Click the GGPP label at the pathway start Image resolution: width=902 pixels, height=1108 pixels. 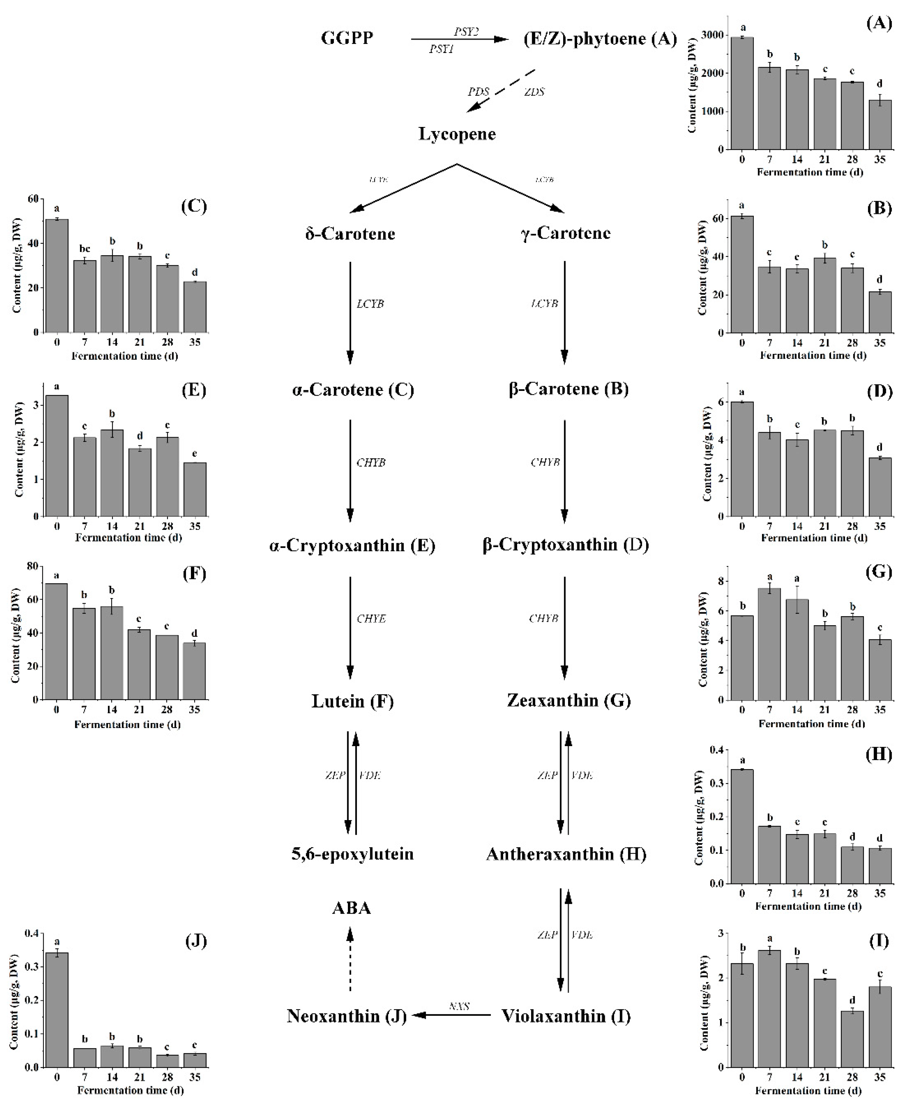pos(347,38)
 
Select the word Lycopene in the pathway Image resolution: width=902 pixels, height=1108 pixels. pos(457,134)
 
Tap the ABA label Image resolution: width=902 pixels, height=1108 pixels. pos(351,908)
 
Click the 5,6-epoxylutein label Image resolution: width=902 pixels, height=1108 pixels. pos(352,854)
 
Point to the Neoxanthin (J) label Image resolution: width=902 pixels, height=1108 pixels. pos(347,1016)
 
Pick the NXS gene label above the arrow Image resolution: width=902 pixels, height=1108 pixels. pos(459,1006)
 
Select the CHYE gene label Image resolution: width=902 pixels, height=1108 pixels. pos(371,618)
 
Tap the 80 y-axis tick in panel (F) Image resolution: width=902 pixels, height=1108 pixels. pos(32,566)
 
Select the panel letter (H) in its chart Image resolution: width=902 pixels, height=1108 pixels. pos(879,754)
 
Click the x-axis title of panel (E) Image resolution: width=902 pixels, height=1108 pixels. pos(128,538)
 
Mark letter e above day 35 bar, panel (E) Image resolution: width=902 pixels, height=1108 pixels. pos(195,454)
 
